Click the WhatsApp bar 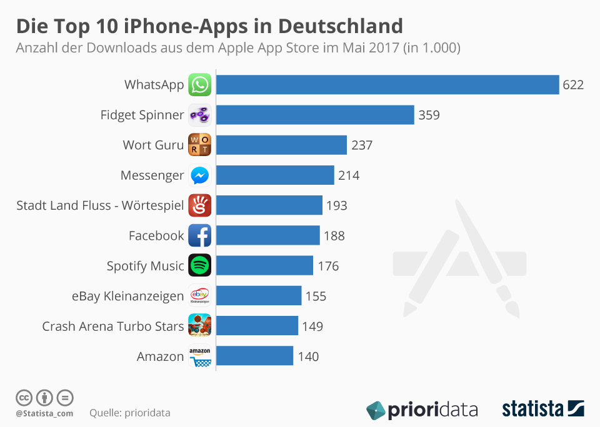click(387, 85)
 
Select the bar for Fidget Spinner click(315, 115)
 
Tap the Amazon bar click(254, 356)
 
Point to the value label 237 click(361, 145)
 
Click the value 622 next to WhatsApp click(572, 85)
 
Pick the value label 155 click(316, 296)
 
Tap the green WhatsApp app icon click(200, 85)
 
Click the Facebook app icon click(200, 235)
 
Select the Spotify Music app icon click(200, 266)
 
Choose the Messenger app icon click(200, 175)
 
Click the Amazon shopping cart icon click(200, 357)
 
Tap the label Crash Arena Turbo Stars click(113, 326)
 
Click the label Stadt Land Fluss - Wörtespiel click(100, 205)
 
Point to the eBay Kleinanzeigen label click(128, 296)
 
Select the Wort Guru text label click(153, 145)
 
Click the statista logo click(542, 410)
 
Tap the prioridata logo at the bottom click(422, 410)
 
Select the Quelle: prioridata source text click(130, 413)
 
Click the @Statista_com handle click(44, 413)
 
